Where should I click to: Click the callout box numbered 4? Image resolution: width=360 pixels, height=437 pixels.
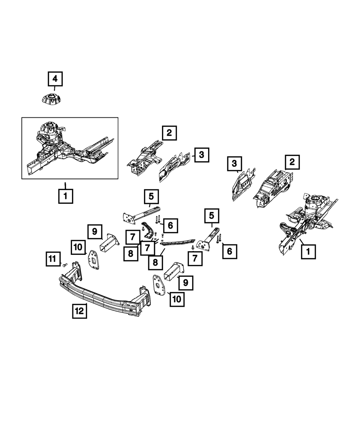(55, 79)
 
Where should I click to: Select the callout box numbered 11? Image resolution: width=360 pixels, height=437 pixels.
(53, 259)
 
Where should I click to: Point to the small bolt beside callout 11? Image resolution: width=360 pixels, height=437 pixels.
(65, 265)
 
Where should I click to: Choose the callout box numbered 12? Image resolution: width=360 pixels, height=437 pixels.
(79, 310)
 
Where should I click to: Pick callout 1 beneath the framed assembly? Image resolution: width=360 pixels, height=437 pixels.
(66, 196)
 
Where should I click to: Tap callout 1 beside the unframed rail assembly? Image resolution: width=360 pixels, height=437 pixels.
(308, 251)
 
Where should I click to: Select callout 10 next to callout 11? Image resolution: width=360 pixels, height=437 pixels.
(78, 248)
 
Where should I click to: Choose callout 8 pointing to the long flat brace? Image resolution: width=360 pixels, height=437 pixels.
(155, 262)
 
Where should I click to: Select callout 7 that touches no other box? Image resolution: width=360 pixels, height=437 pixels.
(195, 258)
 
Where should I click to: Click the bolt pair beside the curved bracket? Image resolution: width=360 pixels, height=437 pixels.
(158, 218)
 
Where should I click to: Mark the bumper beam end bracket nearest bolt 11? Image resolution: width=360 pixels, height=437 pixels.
(76, 272)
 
